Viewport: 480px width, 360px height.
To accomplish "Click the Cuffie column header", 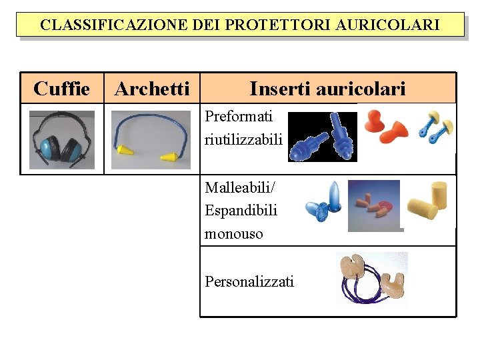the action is pyautogui.click(x=61, y=88).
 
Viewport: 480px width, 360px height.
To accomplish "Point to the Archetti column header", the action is pyautogui.click(x=152, y=88).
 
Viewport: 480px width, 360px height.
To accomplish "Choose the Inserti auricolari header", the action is pyautogui.click(x=327, y=88).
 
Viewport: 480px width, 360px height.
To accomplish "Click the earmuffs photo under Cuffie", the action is pyautogui.click(x=62, y=140).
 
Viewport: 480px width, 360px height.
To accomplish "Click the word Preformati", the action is pyautogui.click(x=239, y=116).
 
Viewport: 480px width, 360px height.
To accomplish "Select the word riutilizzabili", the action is pyautogui.click(x=244, y=140).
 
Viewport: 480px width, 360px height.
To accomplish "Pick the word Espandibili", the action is pyautogui.click(x=241, y=210).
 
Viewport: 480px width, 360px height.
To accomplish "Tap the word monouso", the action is pyautogui.click(x=234, y=233).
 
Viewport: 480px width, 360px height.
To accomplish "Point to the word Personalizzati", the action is pyautogui.click(x=249, y=281).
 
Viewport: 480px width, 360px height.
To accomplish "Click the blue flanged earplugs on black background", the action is pyautogui.click(x=323, y=137).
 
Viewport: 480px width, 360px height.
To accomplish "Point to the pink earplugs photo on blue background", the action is pyautogui.click(x=375, y=205).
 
